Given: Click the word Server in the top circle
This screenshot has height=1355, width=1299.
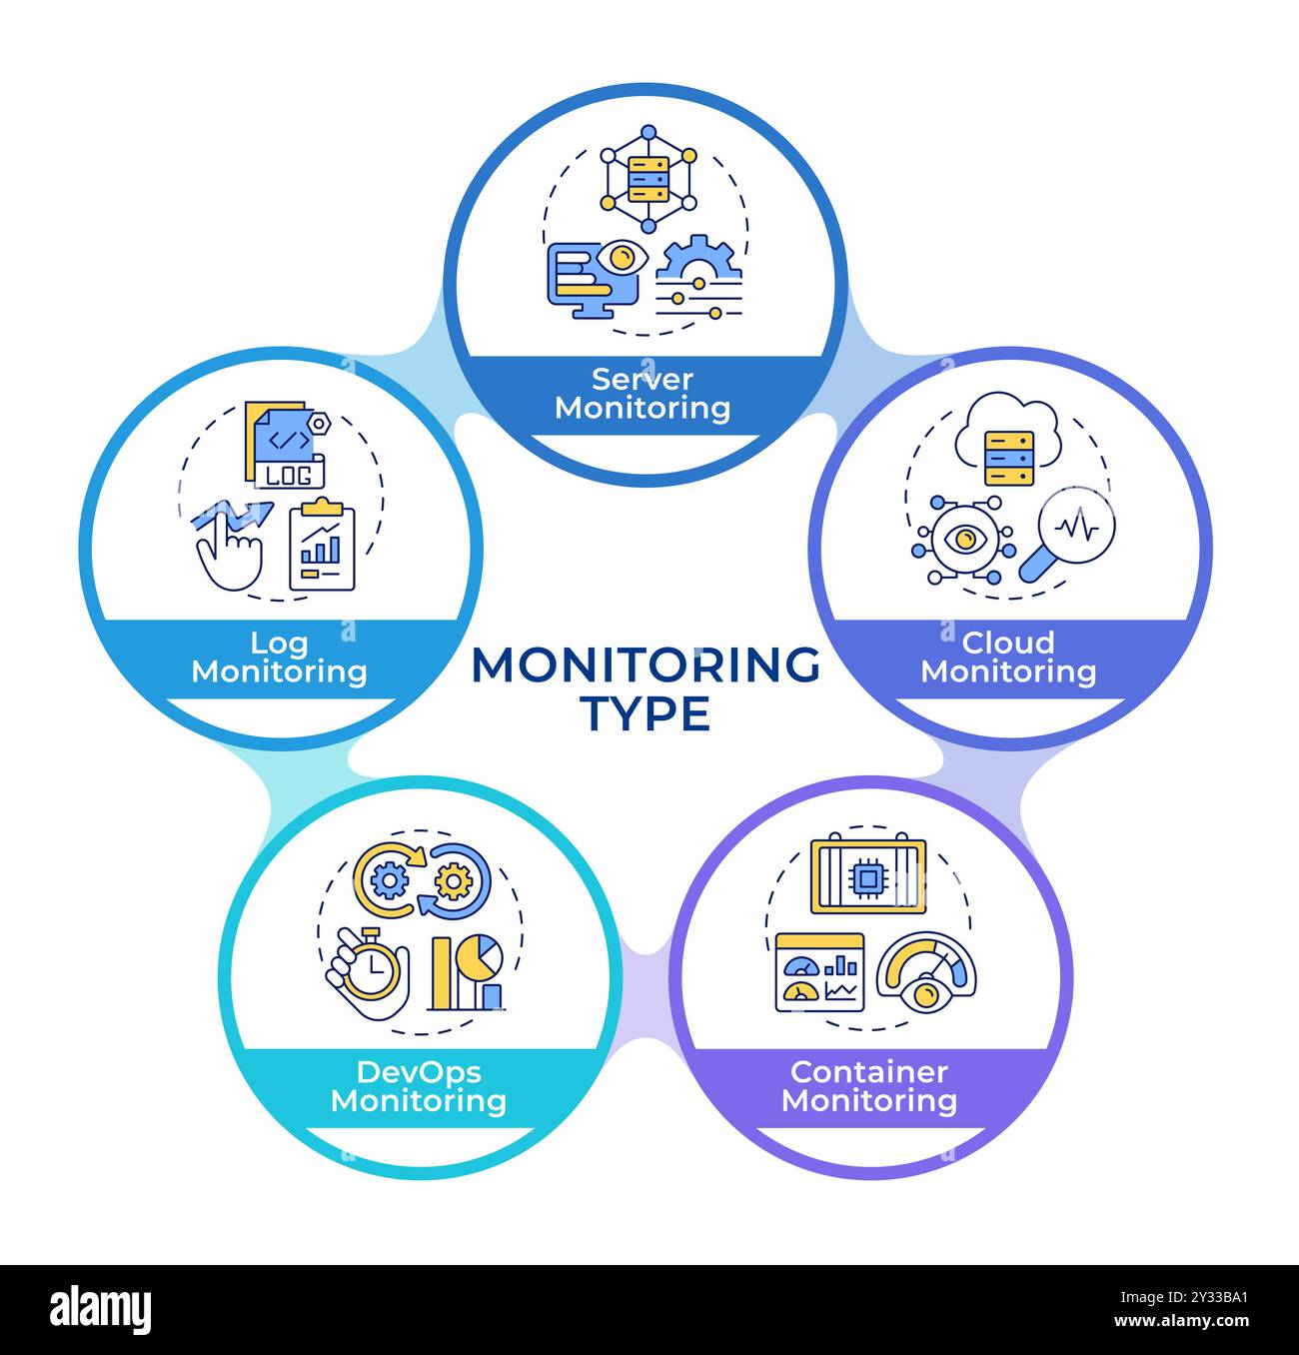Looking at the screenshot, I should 643,379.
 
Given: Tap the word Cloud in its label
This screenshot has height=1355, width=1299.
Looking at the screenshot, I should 1007,642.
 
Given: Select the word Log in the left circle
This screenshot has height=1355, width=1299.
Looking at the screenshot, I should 279,642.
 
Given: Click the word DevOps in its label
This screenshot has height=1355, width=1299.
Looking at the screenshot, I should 419,1071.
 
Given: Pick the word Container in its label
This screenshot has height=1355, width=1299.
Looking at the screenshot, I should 868,1071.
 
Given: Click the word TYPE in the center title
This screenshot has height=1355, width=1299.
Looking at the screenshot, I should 646,713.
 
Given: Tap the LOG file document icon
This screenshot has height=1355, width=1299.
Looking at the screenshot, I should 284,446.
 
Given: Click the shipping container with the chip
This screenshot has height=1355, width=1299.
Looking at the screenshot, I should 868,875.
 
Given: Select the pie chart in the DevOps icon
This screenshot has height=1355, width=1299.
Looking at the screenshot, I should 484,957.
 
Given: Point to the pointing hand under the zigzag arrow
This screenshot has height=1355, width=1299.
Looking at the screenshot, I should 230,556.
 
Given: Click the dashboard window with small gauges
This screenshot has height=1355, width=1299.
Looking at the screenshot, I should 819,972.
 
